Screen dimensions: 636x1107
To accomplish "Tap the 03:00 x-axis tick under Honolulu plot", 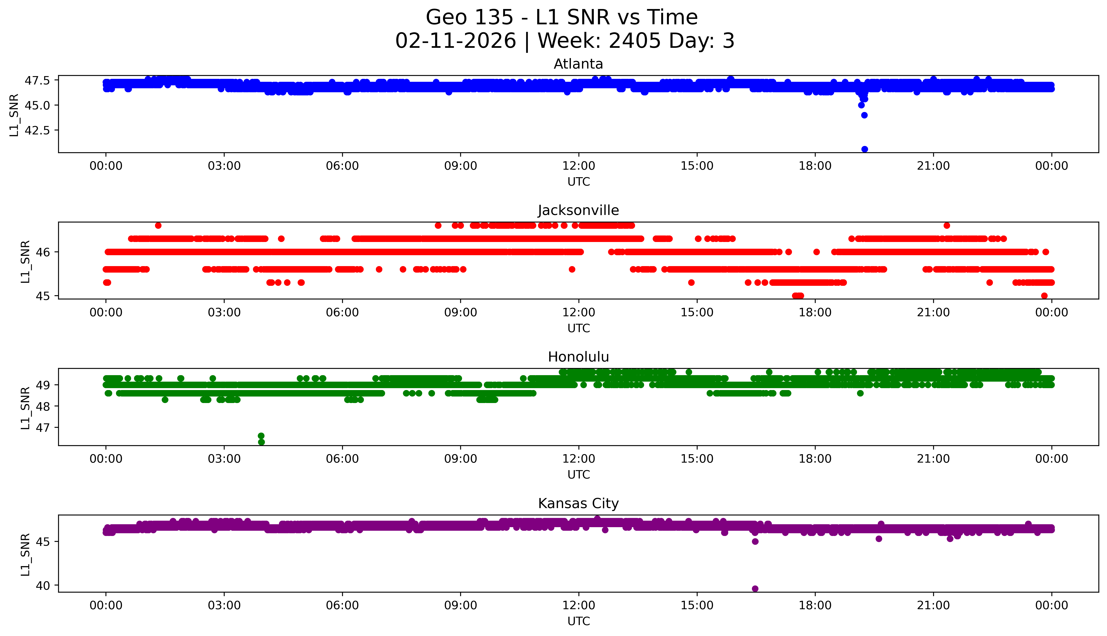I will coord(224,459).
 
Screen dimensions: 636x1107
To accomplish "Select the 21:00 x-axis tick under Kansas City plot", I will coord(933,605).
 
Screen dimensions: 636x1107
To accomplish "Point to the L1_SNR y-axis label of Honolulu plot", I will coord(25,408).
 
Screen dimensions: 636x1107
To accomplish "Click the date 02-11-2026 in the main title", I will coord(456,41).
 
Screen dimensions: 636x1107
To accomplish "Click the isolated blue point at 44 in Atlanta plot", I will coord(864,115).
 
